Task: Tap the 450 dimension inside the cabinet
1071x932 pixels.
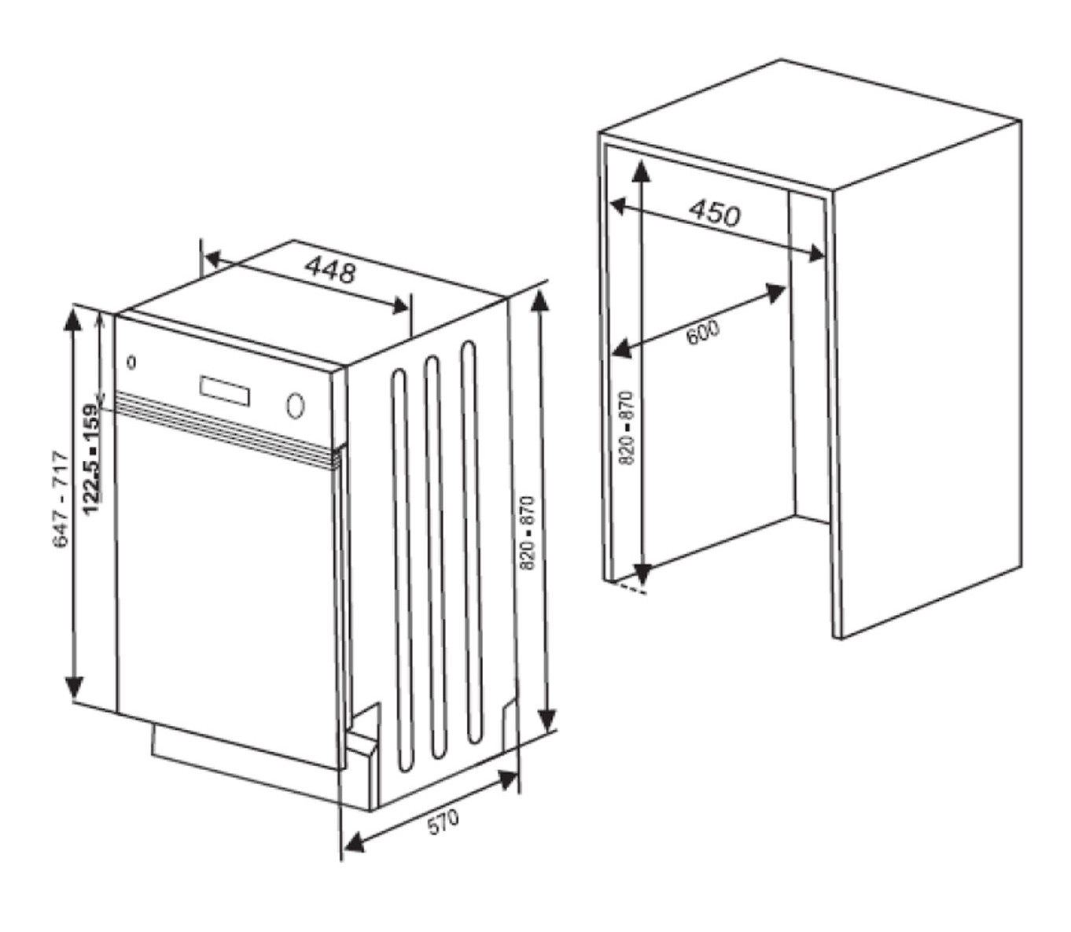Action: (x=715, y=213)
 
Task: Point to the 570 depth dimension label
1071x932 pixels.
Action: (x=443, y=822)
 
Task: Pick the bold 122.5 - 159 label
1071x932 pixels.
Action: (x=90, y=459)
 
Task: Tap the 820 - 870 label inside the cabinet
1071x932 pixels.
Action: (x=627, y=428)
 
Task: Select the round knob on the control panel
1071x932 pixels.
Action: (x=295, y=405)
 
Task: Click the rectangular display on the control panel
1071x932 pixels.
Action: (x=225, y=391)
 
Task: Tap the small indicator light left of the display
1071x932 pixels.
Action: (x=131, y=362)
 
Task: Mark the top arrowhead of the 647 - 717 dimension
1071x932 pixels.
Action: (x=72, y=319)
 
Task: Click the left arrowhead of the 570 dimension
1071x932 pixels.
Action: (x=353, y=856)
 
